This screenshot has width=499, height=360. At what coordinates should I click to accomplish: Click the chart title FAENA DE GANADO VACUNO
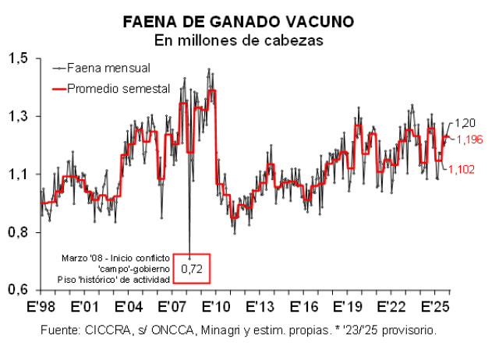click(249, 22)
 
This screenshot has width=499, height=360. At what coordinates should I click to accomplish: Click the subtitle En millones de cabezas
click(249, 39)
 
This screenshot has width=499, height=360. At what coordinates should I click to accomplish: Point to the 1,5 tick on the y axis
click(20, 58)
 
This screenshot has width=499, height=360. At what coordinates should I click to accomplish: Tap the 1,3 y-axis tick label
click(20, 116)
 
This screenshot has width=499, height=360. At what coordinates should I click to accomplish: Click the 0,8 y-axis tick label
click(20, 232)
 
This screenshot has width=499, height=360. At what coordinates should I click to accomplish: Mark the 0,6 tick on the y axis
click(20, 290)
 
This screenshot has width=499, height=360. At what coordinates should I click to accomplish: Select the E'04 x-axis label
click(126, 305)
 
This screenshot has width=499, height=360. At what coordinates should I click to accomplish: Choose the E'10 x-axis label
click(213, 305)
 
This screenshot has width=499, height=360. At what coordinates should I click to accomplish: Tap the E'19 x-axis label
click(343, 305)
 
